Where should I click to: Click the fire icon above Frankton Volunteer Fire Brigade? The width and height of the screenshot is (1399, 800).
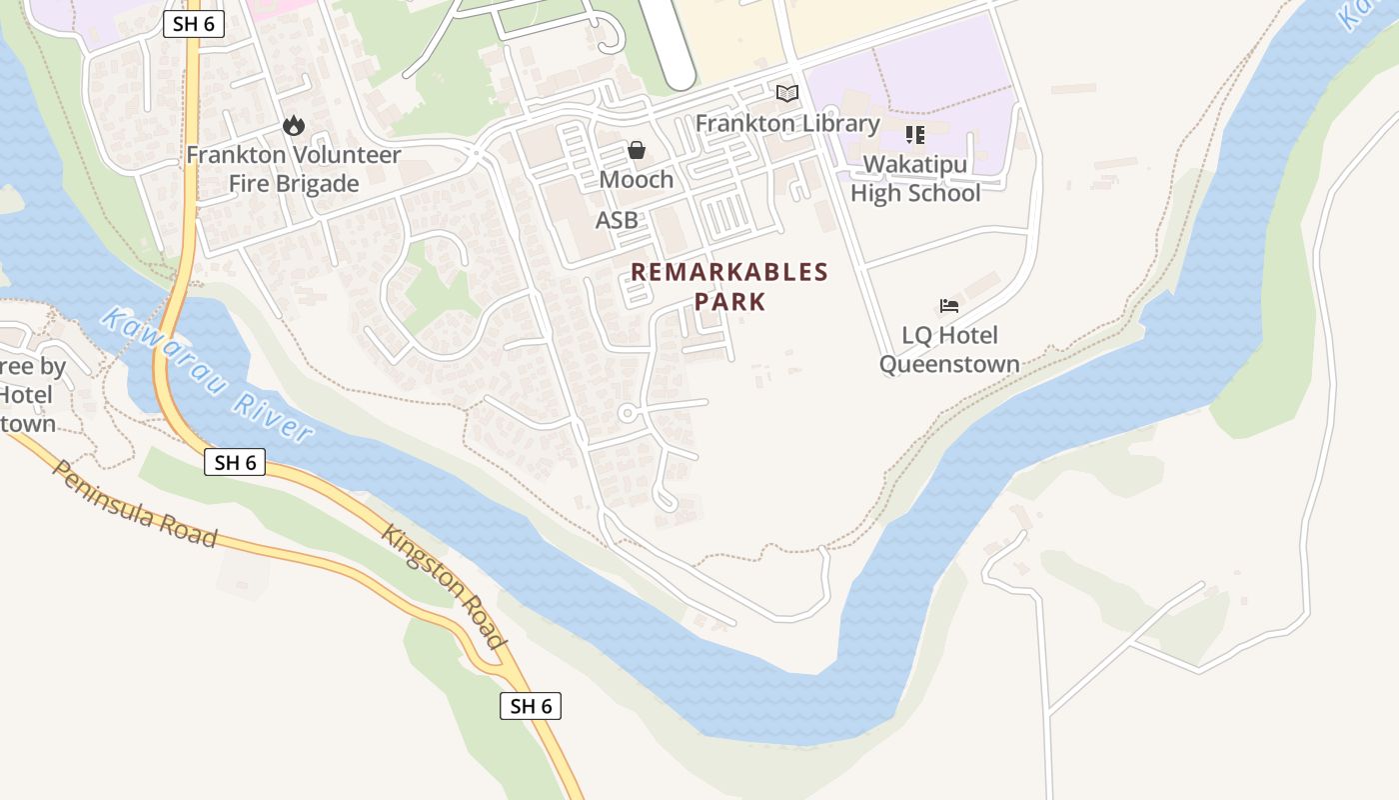[293, 125]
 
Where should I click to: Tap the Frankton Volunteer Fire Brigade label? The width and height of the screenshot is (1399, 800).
[294, 169]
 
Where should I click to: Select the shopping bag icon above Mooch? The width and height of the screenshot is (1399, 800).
[637, 150]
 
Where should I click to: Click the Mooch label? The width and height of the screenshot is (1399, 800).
[637, 180]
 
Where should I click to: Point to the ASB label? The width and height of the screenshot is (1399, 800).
[617, 220]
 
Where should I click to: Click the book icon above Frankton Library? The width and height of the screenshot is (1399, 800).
[787, 93]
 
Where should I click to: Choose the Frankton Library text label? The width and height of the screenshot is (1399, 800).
[787, 124]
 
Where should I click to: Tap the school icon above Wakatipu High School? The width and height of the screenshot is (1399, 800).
[914, 134]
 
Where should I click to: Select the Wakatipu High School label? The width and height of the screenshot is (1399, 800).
[915, 178]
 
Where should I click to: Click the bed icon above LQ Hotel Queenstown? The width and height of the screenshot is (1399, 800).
[949, 305]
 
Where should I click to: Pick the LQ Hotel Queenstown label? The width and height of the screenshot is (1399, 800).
[949, 349]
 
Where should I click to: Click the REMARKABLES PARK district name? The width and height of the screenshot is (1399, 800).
[729, 286]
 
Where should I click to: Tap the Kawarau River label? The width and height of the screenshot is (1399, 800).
[208, 375]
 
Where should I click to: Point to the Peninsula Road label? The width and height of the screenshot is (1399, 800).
[135, 504]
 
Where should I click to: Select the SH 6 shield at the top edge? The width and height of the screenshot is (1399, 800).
[194, 25]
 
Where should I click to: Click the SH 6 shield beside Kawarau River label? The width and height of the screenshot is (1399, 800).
[235, 462]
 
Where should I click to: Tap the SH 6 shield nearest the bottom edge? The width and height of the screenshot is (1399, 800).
[531, 706]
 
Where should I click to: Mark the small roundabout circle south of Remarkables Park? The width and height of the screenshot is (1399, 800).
[628, 413]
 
